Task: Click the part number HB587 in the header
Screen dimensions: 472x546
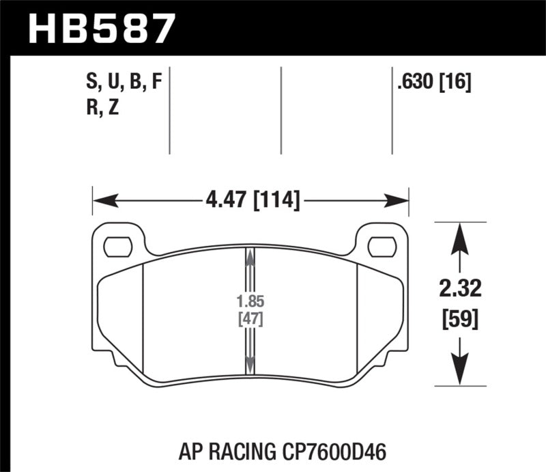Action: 99,28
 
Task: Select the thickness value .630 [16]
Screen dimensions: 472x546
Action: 433,83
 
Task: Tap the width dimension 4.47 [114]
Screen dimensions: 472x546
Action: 252,201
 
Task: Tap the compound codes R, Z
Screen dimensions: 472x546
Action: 102,107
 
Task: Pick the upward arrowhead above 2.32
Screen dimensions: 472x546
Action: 461,236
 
